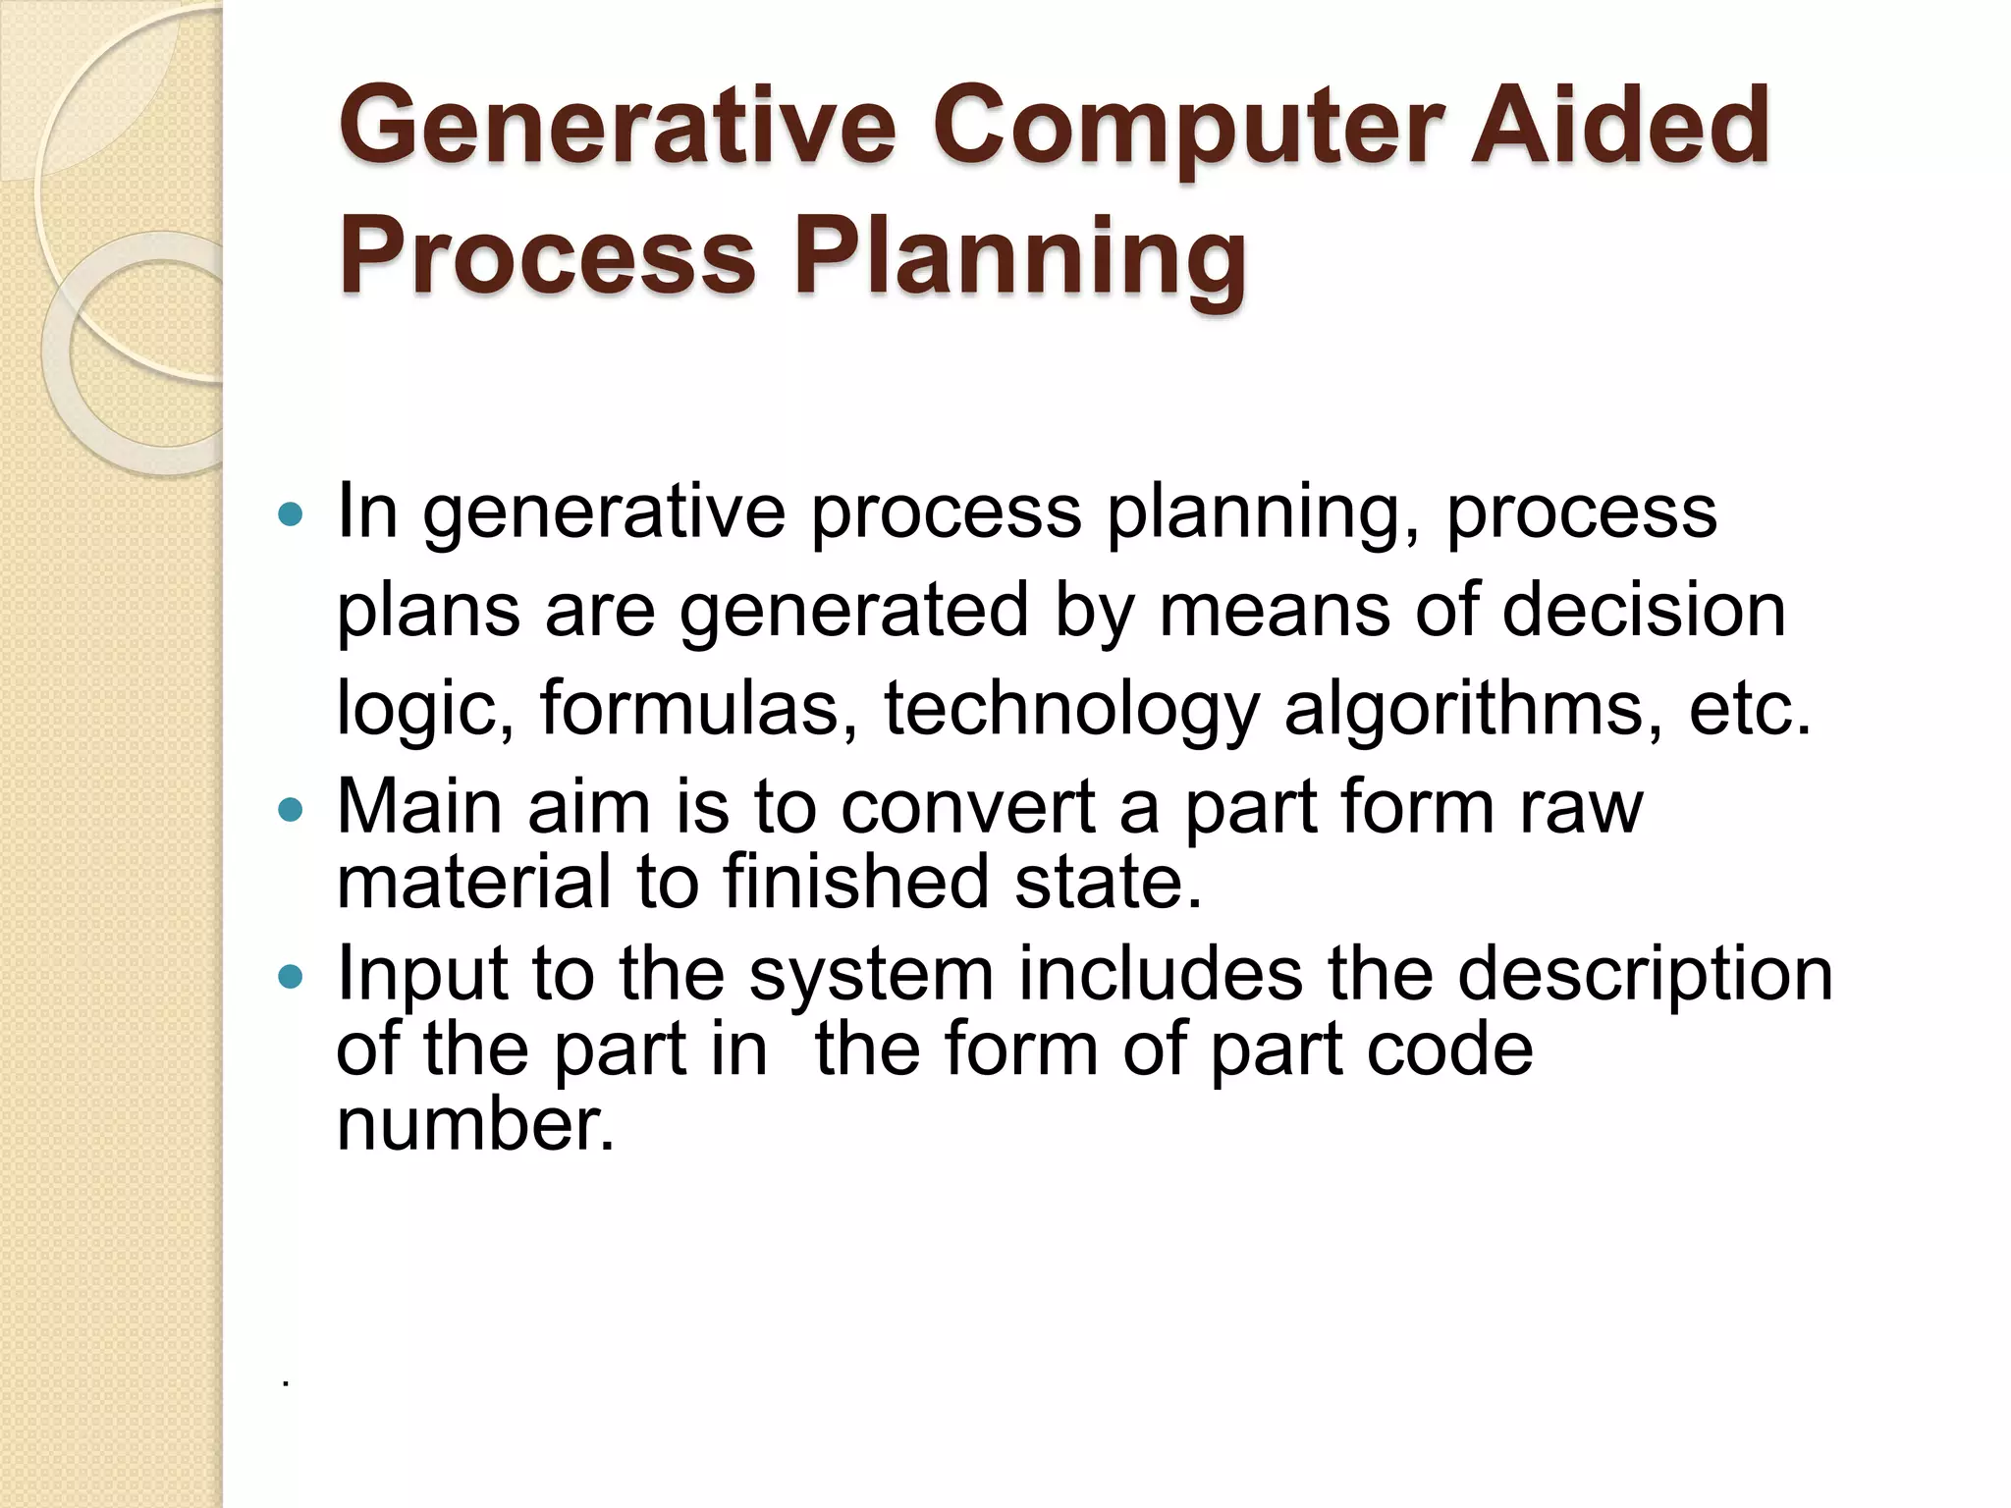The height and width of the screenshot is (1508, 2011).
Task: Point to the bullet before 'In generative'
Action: [291, 513]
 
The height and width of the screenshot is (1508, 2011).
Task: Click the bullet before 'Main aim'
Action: [291, 810]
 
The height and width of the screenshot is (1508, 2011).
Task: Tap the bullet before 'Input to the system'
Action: [291, 977]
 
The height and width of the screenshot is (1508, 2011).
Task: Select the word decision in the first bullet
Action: [1644, 611]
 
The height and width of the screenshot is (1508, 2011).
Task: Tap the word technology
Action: [1070, 709]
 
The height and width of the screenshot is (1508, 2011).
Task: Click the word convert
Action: [967, 807]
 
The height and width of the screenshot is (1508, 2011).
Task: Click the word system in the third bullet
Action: [871, 976]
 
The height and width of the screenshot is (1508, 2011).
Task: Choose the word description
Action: [1645, 976]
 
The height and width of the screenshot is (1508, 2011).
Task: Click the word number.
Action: [475, 1123]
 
